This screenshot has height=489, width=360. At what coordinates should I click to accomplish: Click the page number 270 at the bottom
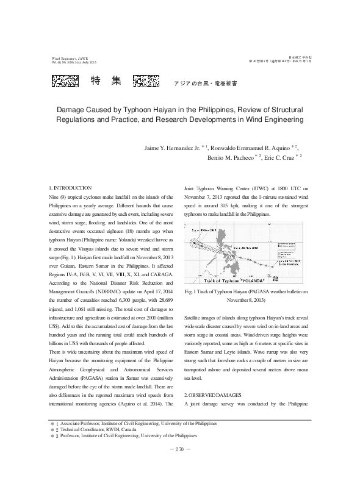pyautogui.click(x=179, y=468)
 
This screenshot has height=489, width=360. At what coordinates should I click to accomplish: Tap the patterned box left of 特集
pyautogui.click(x=64, y=80)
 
